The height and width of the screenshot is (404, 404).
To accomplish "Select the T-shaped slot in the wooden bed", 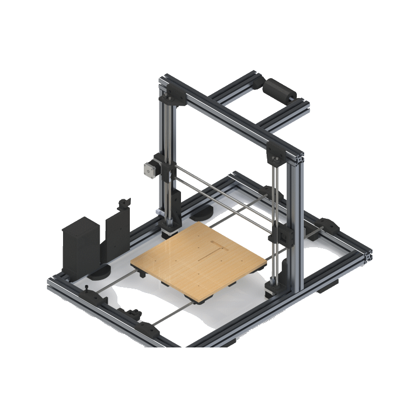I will click(216, 249).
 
